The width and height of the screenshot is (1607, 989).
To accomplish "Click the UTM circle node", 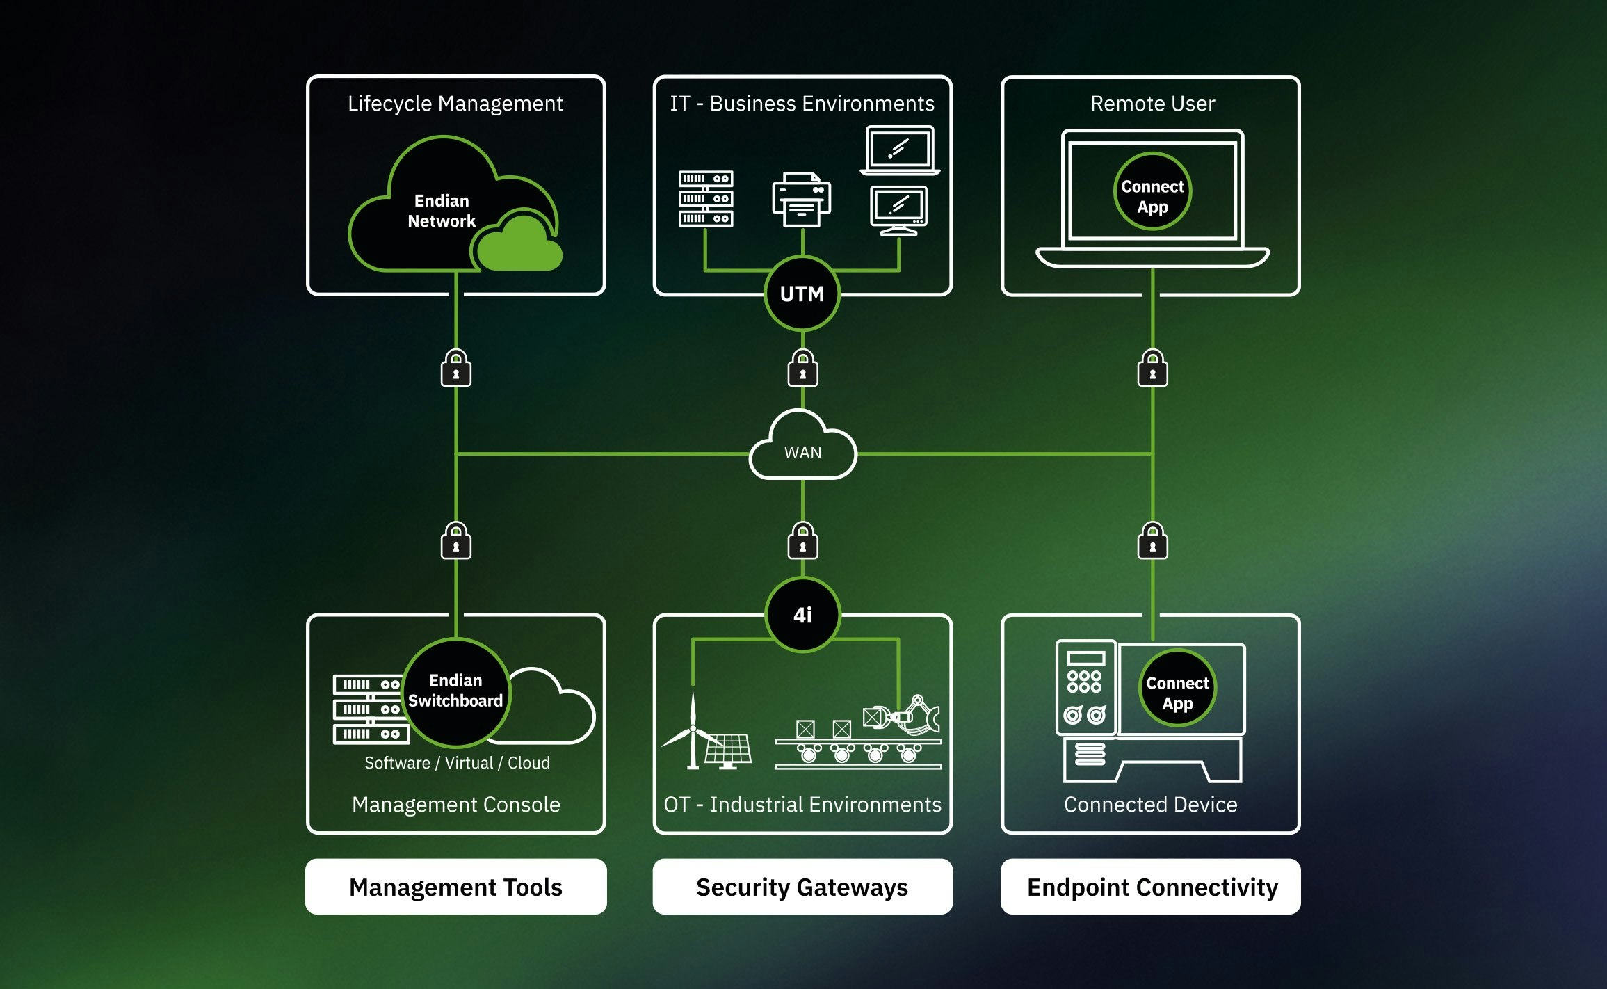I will pos(802,294).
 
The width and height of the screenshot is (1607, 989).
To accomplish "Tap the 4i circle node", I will pos(802,615).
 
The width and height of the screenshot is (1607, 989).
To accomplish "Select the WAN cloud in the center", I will pos(802,449).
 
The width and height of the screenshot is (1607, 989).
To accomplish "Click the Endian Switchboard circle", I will pos(455,691).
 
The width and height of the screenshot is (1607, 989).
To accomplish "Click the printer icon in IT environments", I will pos(801,200).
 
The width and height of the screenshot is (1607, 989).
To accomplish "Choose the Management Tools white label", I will pos(455,887).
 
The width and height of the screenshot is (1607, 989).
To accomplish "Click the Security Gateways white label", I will pos(802,887).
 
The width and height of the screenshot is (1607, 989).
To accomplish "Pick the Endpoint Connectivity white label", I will pos(1152,887).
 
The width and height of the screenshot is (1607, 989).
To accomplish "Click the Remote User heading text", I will pos(1152,104).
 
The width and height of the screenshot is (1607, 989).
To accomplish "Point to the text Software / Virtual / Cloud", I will pos(457,763).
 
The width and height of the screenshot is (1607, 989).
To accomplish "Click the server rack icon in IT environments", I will pos(706,199).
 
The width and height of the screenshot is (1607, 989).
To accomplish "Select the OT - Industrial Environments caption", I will pos(802,805).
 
